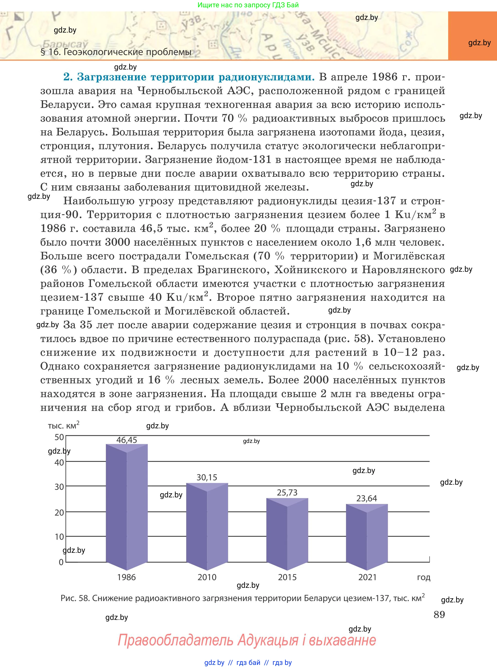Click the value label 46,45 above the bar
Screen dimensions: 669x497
point(127,440)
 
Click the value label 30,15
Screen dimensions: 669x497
point(207,477)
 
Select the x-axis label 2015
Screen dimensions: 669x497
point(287,577)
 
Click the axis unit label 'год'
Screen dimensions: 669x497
point(424,577)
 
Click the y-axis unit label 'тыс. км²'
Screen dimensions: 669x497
point(63,425)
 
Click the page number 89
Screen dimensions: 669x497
point(439,614)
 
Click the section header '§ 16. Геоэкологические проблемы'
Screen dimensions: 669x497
point(116,52)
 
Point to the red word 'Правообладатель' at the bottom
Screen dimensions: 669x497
point(175,640)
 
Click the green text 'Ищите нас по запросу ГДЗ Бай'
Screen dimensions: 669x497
point(248,5)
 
